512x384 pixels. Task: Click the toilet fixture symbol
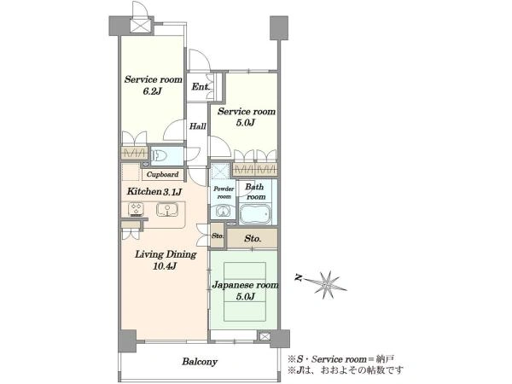pos(160,155)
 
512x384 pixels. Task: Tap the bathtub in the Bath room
pos(255,213)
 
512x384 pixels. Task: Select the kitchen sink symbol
pos(167,210)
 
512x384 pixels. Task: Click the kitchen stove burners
pos(137,209)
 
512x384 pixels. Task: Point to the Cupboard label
pos(162,174)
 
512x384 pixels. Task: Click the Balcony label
pos(200,362)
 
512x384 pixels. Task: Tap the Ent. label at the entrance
pos(201,86)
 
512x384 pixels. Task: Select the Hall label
pos(198,126)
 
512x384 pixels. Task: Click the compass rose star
pos(325,285)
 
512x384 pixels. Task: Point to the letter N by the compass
pos(298,278)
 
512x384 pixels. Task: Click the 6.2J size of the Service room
pos(152,91)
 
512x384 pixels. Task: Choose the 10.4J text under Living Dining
pos(165,266)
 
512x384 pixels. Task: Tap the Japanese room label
pos(245,285)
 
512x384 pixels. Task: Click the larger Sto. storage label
pos(253,239)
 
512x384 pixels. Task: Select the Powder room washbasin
pos(223,211)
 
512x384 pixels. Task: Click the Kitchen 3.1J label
pos(154,191)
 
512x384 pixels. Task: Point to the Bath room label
pos(256,192)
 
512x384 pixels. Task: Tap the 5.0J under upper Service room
pos(245,122)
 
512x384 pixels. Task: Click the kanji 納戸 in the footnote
pos(386,359)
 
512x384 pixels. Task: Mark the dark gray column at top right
pos(279,28)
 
